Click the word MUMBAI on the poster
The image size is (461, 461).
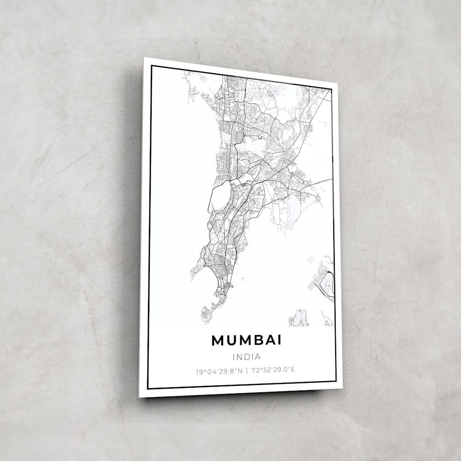tap(246, 340)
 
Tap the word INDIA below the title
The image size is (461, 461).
tap(247, 356)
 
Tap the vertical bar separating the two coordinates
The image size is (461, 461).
tap(247, 370)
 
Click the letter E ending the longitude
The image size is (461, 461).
tap(293, 369)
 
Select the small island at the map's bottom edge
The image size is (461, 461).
tap(299, 318)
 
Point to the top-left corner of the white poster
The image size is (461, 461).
tap(144, 58)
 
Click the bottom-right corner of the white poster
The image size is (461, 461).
tap(342, 388)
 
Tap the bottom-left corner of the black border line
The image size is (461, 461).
tap(148, 388)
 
